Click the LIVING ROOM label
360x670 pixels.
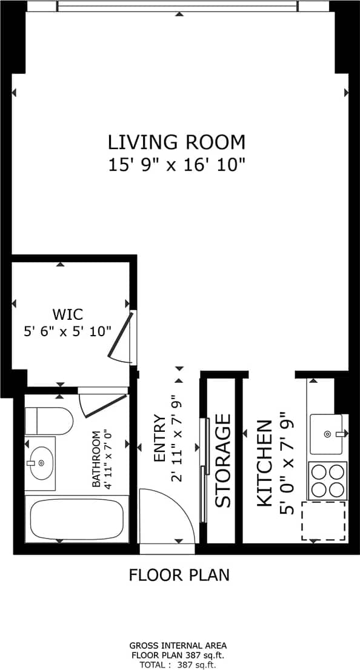(176, 142)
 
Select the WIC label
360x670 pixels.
(67, 314)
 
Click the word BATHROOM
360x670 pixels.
(96, 459)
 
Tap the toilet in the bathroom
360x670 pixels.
(48, 420)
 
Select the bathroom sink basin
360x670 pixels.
(41, 463)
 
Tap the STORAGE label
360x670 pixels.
(223, 460)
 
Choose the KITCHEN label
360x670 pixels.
(265, 463)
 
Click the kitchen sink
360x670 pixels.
(327, 434)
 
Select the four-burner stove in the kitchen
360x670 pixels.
(327, 480)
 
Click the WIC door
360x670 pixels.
(124, 339)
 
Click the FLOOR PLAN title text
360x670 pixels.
(179, 574)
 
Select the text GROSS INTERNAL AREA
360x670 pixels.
(178, 646)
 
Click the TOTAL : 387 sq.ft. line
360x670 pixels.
(178, 665)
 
